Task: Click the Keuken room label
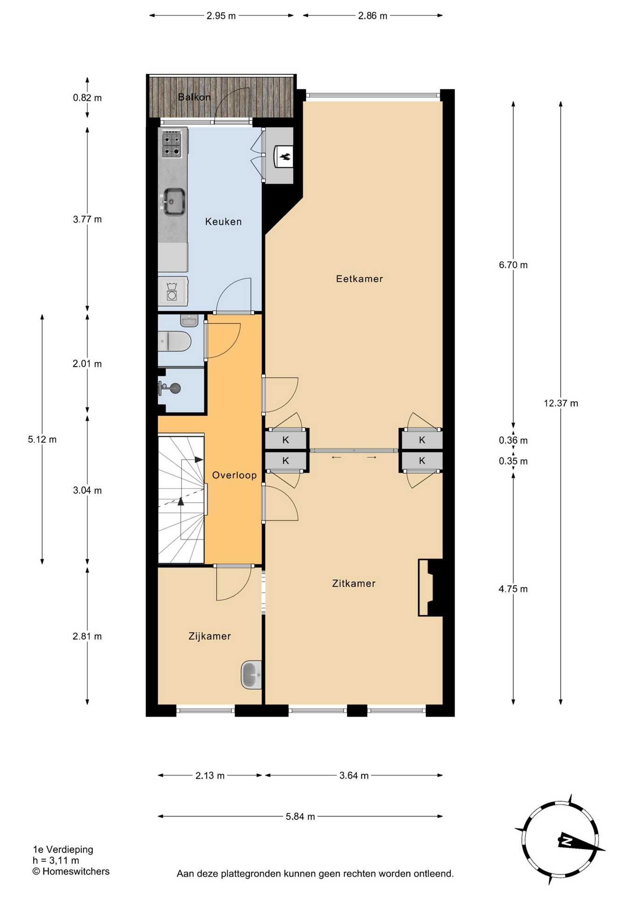[223, 222]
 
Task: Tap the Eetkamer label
[359, 279]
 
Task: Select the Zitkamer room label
[353, 584]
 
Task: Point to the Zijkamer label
[210, 636]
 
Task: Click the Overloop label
[234, 475]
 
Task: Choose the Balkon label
[194, 97]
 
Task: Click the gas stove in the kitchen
[172, 144]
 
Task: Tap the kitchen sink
[173, 202]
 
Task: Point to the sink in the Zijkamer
[251, 675]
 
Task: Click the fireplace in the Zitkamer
[430, 588]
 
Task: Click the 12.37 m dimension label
[561, 403]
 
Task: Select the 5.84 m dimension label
[300, 817]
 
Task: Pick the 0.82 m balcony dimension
[87, 98]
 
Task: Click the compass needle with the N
[582, 842]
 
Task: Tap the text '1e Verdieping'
[63, 850]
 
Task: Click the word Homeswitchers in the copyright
[76, 871]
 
